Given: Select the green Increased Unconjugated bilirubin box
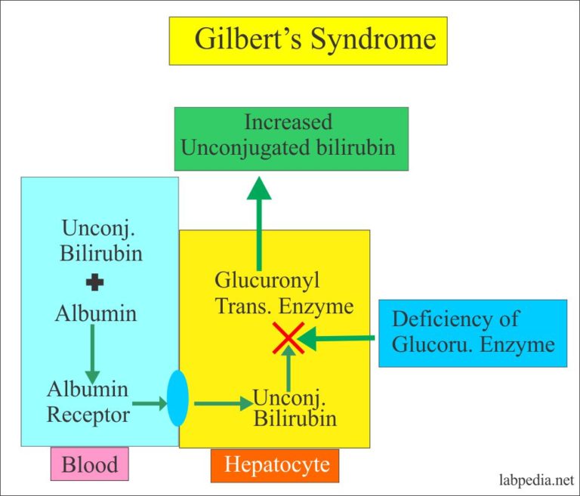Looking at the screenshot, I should tap(292, 139).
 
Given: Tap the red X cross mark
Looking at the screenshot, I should tap(288, 337).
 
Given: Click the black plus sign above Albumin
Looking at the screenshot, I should tap(95, 284).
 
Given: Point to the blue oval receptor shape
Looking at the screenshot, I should tap(177, 398).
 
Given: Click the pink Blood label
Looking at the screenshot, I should tap(89, 464).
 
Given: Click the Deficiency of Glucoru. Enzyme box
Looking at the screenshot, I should tap(472, 333).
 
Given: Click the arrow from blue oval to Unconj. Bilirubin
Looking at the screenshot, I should tap(223, 403).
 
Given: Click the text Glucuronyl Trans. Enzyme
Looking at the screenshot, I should tap(284, 294).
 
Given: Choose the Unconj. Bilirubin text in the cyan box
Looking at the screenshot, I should tap(101, 241).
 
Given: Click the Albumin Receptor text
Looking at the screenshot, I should tap(88, 402).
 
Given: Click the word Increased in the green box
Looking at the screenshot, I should tap(288, 122).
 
